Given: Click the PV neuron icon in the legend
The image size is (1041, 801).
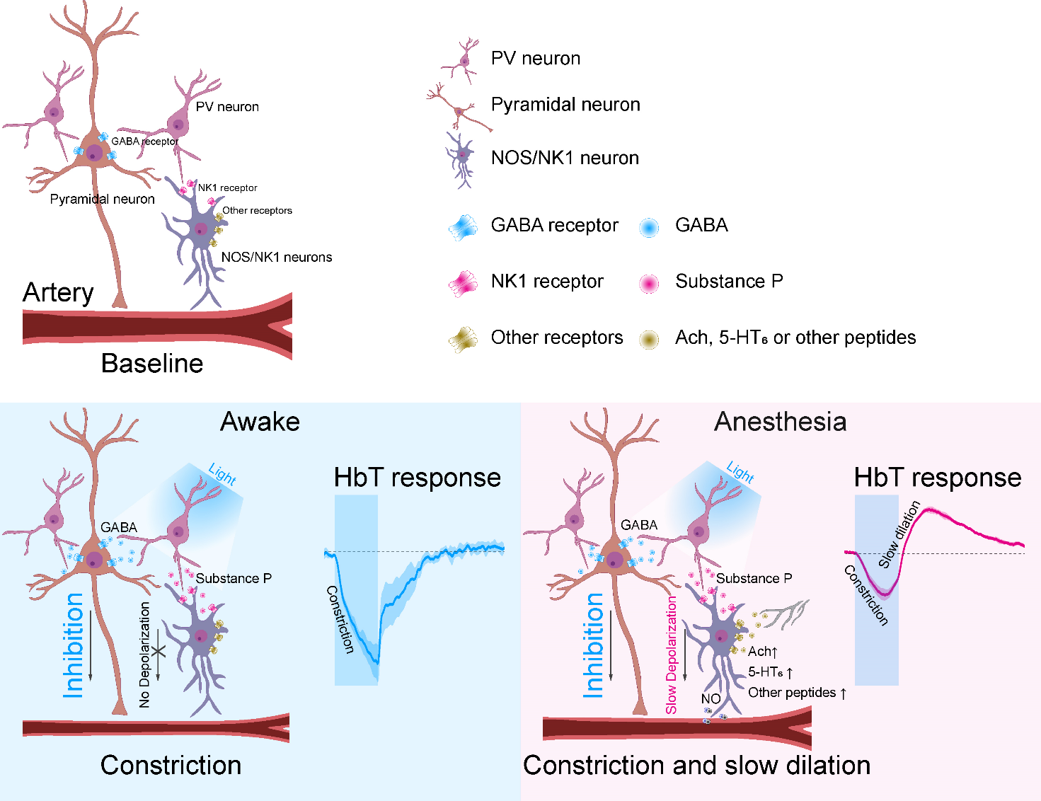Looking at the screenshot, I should point(464,60).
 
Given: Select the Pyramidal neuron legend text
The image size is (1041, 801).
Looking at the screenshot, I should point(565,105).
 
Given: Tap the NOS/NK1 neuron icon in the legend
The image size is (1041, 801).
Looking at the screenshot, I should point(461,159).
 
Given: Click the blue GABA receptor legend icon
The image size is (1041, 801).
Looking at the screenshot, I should point(464,226).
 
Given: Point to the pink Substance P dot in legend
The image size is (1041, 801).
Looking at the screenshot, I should point(648,283).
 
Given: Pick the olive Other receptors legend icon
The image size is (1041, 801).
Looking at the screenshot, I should point(463,340).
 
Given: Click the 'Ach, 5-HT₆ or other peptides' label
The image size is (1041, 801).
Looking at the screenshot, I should point(795,338).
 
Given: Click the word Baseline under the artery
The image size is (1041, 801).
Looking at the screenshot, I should point(152,364).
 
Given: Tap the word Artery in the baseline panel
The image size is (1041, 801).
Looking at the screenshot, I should point(58,292).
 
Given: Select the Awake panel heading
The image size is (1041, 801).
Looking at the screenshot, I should point(260,422).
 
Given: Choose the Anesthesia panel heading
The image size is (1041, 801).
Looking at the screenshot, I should point(780,422).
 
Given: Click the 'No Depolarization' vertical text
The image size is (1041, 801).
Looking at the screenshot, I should point(144,655).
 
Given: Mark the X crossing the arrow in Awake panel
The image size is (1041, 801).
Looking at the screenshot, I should point(159,650).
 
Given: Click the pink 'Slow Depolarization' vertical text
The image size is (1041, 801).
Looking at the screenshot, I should point(671,655).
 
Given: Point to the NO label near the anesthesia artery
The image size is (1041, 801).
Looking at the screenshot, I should point(711,699).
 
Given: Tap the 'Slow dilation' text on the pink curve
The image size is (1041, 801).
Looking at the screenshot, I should point(899,534).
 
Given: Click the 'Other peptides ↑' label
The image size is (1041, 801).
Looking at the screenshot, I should point(797,693).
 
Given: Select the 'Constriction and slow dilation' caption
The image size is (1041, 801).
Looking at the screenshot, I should point(696,766).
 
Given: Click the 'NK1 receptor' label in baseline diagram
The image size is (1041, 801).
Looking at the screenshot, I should point(227,188).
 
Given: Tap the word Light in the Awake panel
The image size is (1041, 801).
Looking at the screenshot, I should point(222,473).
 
